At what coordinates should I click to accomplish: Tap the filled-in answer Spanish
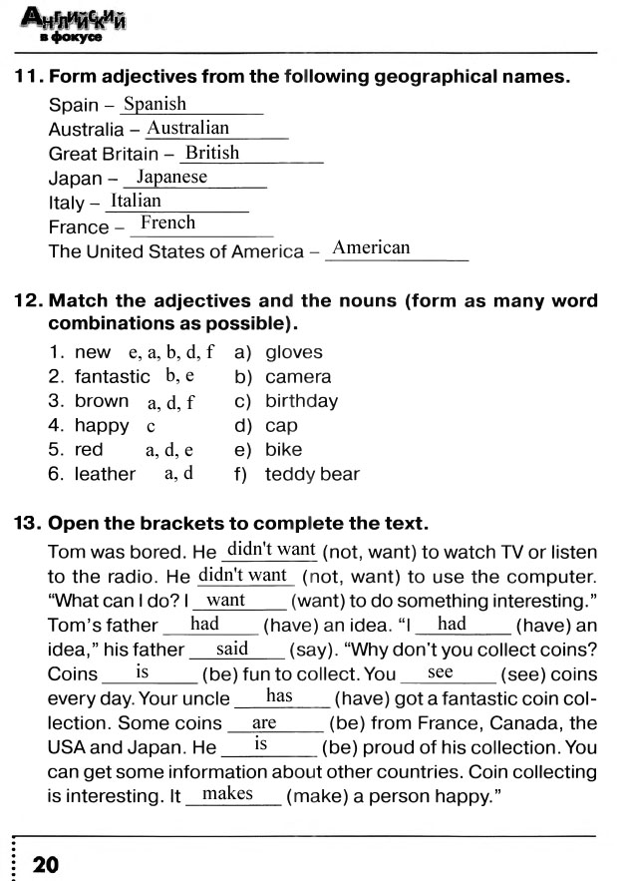point(155,104)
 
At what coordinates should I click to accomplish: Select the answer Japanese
point(171,178)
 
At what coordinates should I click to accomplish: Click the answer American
point(371,247)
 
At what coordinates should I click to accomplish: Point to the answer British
point(212,153)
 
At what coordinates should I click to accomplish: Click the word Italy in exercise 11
point(67,203)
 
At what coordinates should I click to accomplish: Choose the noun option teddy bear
point(312,474)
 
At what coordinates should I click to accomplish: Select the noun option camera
point(298,377)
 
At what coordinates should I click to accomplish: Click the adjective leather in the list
point(105,474)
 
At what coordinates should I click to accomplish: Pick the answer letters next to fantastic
point(179,376)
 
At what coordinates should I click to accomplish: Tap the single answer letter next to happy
point(151,426)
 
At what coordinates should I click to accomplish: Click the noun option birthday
point(301,401)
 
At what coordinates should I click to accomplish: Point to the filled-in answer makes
point(227,794)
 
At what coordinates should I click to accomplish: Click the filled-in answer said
point(232,649)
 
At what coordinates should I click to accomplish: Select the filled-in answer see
point(440,672)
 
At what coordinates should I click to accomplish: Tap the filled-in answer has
point(279,696)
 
